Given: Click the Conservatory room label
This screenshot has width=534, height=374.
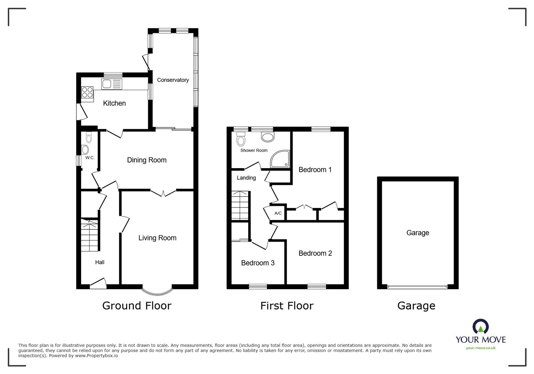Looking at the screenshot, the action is [173, 80].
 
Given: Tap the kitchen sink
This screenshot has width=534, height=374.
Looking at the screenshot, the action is [111, 84].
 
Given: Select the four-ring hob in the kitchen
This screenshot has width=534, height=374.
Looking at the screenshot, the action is [87, 92].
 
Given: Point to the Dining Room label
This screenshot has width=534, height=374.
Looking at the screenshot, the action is [147, 160].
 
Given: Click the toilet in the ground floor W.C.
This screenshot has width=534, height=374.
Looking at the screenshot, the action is [89, 137].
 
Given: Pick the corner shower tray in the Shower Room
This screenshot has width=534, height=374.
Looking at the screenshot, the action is [280, 159].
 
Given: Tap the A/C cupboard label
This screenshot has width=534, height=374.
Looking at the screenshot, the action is [278, 213].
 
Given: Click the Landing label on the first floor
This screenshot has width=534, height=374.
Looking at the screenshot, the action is [246, 178].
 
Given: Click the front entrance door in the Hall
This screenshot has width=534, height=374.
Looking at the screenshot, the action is [98, 283].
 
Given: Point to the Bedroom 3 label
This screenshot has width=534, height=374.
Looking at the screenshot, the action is [258, 263].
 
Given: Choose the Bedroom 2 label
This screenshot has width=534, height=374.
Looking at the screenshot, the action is [315, 253].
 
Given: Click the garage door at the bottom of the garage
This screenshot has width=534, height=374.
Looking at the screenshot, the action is [418, 287].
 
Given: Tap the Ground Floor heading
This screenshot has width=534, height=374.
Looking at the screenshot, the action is [137, 306].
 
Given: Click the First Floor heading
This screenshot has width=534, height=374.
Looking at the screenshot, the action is [287, 306].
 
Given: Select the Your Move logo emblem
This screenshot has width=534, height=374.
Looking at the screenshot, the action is [481, 326].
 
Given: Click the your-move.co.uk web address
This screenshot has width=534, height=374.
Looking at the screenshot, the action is [481, 348].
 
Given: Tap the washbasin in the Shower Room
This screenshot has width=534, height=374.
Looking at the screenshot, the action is [268, 137].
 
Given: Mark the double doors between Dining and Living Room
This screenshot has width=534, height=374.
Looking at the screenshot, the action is [164, 193].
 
